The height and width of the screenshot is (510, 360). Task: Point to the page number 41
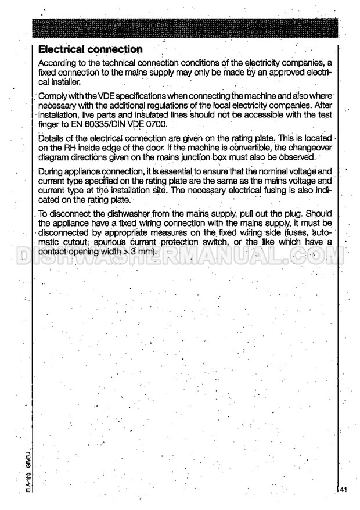pos(344,490)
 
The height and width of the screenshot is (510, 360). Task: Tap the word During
pos(51,171)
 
